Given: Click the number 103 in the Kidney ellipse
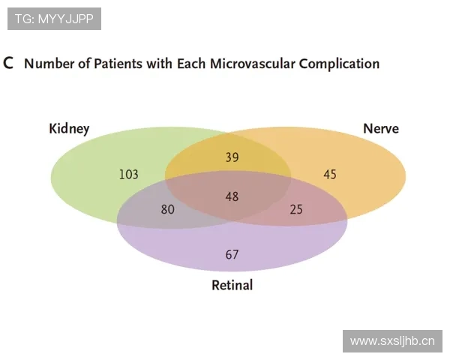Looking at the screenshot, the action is pyautogui.click(x=128, y=174).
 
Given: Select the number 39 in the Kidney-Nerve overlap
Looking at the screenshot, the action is pyautogui.click(x=232, y=157).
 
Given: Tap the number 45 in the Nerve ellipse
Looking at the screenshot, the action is pyautogui.click(x=330, y=174).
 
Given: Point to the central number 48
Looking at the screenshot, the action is pyautogui.click(x=232, y=196).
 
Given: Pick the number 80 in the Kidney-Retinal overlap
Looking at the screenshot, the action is pyautogui.click(x=167, y=209).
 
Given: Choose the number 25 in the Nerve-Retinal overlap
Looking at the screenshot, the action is pyautogui.click(x=296, y=209).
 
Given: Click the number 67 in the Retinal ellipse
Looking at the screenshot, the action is pyautogui.click(x=232, y=254).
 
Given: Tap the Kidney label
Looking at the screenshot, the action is pyautogui.click(x=69, y=128).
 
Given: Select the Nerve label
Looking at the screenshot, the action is pyautogui.click(x=381, y=128).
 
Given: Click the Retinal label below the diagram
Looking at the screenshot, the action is pyautogui.click(x=232, y=285).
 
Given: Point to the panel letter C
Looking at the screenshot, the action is pyautogui.click(x=8, y=63).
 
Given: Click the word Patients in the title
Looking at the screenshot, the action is pyautogui.click(x=118, y=64).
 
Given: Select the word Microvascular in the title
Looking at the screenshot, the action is pyautogui.click(x=252, y=64).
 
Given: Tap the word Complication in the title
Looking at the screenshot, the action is pyautogui.click(x=339, y=64).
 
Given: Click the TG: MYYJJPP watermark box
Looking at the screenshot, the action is pyautogui.click(x=54, y=19).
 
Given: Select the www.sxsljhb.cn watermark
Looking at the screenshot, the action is pyautogui.click(x=392, y=341).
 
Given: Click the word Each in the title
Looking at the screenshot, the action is pyautogui.click(x=190, y=64).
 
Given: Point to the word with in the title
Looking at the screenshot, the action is pyautogui.click(x=159, y=64).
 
